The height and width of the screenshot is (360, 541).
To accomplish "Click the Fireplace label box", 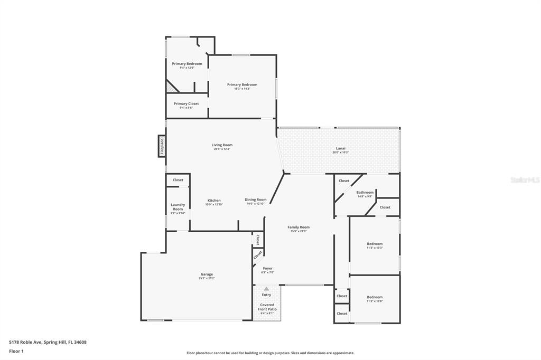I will (162, 146).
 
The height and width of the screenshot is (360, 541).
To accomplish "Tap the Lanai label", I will (341, 148).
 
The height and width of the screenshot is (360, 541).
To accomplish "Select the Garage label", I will (207, 274).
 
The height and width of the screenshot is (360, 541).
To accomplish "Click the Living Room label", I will (222, 145).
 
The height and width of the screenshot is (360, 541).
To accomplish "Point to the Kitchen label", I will (214, 201).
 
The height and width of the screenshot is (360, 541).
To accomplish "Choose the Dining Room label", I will (255, 200).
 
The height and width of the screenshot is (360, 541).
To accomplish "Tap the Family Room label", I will (299, 227).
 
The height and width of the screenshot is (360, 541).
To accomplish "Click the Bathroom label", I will (365, 193).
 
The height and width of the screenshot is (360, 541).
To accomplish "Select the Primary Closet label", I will (186, 104).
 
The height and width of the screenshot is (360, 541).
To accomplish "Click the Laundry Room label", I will (178, 207).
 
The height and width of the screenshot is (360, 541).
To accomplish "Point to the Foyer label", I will (267, 268).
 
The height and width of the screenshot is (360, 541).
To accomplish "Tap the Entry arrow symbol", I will (266, 289).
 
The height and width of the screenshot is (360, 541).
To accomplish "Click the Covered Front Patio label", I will (267, 307).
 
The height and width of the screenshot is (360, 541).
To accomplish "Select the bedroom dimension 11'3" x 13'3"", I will (375, 248).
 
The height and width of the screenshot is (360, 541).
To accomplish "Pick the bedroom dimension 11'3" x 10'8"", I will (375, 301).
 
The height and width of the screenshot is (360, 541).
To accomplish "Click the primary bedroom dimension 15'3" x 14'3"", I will (242, 89).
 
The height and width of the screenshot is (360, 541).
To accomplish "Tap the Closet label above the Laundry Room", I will (178, 180).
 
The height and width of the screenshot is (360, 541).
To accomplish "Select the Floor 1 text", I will (17, 350).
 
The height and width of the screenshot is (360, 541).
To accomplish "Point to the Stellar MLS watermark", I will (525, 180).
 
